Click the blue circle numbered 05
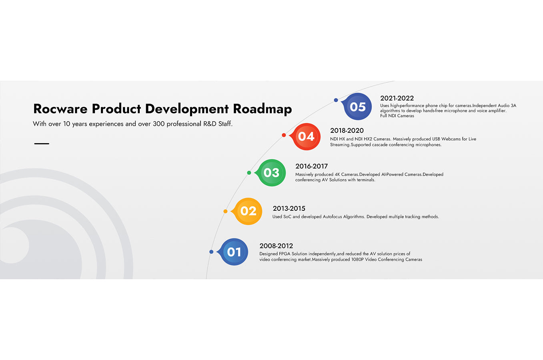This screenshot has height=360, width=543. pyautogui.click(x=358, y=106)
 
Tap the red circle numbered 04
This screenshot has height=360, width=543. pyautogui.click(x=307, y=137)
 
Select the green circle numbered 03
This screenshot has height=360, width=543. pyautogui.click(x=271, y=173)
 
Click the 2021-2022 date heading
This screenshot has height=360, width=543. pyautogui.click(x=397, y=98)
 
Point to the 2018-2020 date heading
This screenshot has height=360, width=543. pyautogui.click(x=347, y=130)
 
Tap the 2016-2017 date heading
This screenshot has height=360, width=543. pyautogui.click(x=311, y=166)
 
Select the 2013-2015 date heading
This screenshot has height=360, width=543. pyautogui.click(x=289, y=208)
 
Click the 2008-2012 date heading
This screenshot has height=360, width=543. pyautogui.click(x=276, y=246)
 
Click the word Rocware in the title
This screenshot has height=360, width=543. pyautogui.click(x=60, y=109)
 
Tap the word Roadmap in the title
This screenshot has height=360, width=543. pyautogui.click(x=262, y=109)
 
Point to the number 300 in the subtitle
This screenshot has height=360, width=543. pyautogui.click(x=159, y=124)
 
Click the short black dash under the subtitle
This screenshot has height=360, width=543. pyautogui.click(x=42, y=144)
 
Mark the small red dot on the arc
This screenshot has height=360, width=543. pyautogui.click(x=284, y=135)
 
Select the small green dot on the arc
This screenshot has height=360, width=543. pyautogui.click(x=249, y=173)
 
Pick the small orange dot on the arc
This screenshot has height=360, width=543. pyautogui.click(x=225, y=211)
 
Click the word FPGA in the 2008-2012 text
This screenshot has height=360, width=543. pyautogui.click(x=285, y=254)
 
